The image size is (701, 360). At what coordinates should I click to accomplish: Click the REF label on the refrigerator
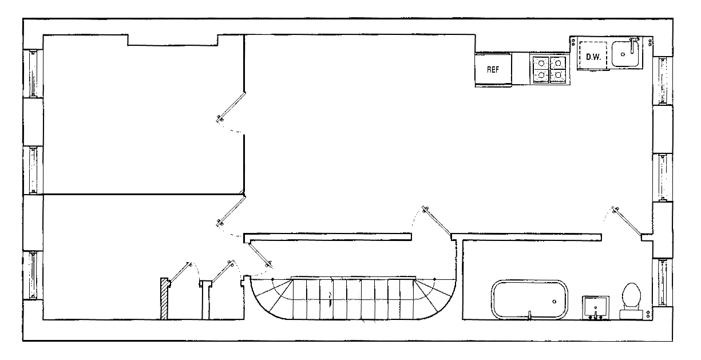click(493, 70)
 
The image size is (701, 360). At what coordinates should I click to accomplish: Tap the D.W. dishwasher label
click(592, 57)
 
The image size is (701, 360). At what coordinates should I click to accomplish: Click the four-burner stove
click(549, 69)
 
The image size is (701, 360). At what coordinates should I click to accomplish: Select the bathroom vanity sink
click(596, 307)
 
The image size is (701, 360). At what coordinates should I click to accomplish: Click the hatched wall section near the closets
click(164, 299)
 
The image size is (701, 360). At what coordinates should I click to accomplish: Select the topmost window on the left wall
click(33, 73)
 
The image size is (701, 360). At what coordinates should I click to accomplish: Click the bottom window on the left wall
click(33, 275)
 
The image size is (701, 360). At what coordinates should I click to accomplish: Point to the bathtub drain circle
click(554, 301)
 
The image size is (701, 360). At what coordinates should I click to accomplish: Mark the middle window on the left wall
click(33, 170)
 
